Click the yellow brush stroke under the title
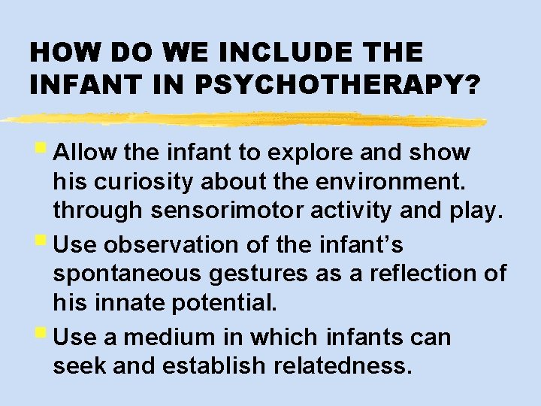click(x=240, y=119)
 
